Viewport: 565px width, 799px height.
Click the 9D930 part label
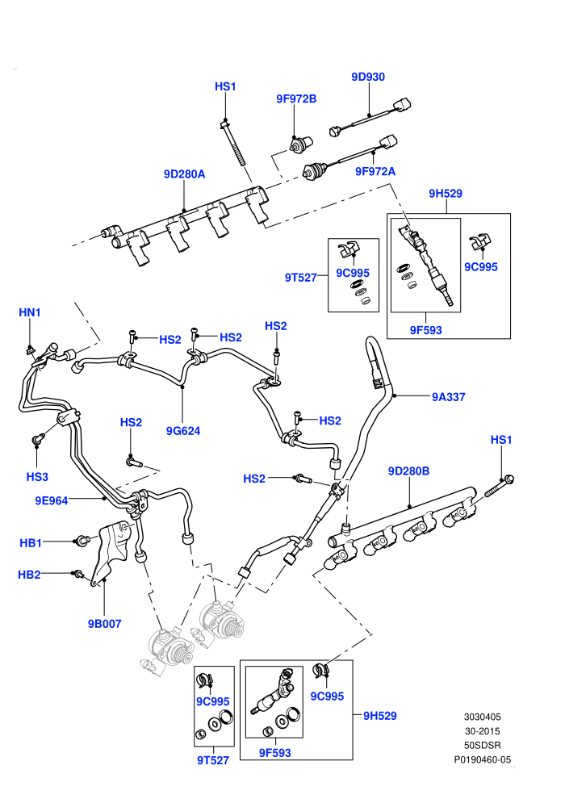point(368,77)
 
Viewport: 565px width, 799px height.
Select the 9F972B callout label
point(296,98)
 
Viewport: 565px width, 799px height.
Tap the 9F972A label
point(375,172)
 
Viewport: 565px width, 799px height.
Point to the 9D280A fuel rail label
point(184,174)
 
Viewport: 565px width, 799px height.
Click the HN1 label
point(30,312)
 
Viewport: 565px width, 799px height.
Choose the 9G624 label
point(183,431)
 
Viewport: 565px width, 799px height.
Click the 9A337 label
point(448,397)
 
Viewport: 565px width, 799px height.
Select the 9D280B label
point(408,471)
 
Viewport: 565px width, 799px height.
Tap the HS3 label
point(37,477)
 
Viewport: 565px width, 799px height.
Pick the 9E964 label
point(52,501)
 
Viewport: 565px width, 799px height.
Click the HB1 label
point(31,543)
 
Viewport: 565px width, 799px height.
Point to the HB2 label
point(29,575)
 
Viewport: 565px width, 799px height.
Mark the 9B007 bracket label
point(104,624)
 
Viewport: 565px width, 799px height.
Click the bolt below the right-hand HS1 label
point(498,486)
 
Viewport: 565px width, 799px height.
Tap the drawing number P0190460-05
point(483,759)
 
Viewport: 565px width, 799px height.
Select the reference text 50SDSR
point(483,746)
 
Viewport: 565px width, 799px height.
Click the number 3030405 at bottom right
point(483,717)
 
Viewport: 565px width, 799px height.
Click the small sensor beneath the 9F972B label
point(300,145)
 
